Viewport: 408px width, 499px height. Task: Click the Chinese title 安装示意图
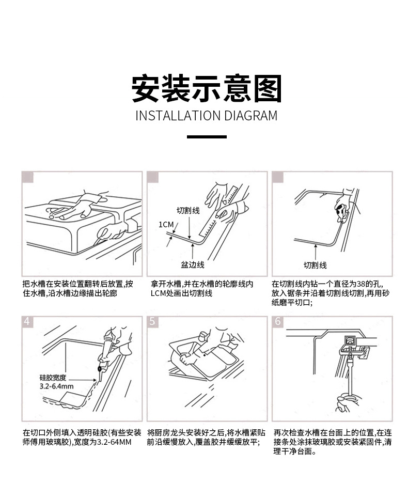(x=206, y=88)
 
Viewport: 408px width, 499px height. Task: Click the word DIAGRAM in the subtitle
(x=250, y=115)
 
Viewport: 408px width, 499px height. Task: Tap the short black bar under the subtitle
(x=206, y=137)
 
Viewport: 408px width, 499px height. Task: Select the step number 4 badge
(x=27, y=321)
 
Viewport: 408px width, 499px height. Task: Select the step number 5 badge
(x=152, y=321)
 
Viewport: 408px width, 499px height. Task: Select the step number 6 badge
(x=278, y=321)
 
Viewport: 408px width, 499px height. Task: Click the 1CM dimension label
(x=165, y=224)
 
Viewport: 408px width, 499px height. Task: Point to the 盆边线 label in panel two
(x=192, y=264)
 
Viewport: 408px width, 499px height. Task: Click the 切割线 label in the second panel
(x=188, y=210)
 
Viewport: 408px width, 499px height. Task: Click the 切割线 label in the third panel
(x=315, y=265)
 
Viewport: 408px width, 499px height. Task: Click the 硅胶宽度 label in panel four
(x=53, y=378)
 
